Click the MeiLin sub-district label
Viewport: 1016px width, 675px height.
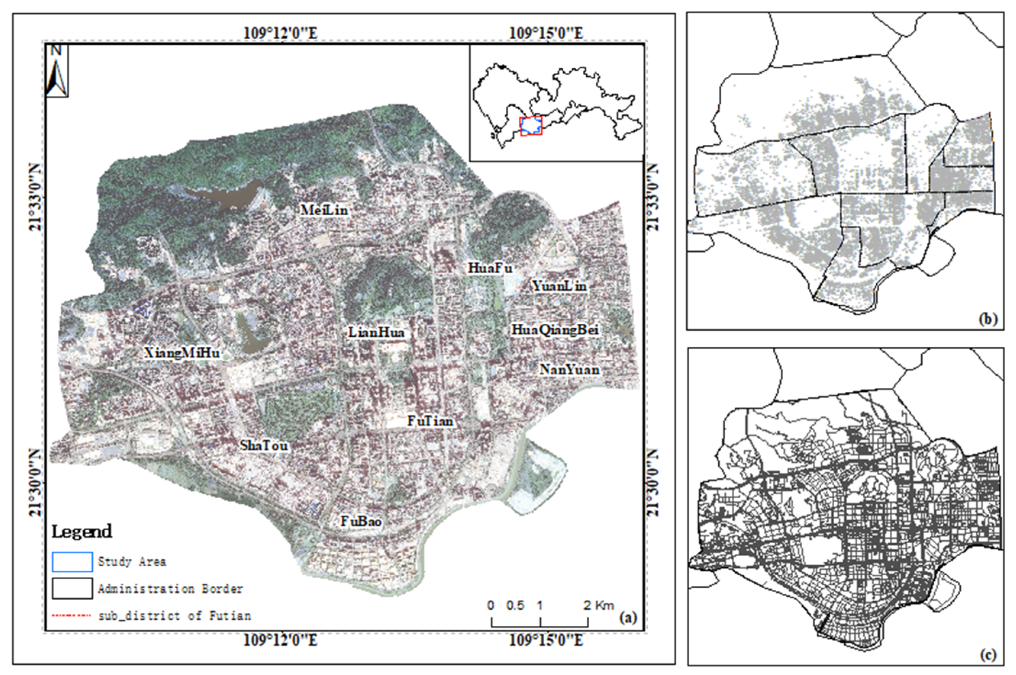tap(324, 210)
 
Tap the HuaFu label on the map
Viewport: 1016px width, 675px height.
tap(490, 268)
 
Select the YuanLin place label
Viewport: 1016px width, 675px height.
tap(559, 286)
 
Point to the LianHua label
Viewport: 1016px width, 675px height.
tap(376, 332)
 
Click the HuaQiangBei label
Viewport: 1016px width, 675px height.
tap(555, 330)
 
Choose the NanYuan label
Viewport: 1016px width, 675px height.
tap(569, 369)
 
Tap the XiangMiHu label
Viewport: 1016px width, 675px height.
tap(182, 354)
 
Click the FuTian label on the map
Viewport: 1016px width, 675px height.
tap(430, 421)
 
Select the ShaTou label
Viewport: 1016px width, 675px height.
tap(264, 445)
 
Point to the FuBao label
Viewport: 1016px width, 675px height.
tap(361, 521)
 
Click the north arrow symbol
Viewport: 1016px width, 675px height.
tap(57, 71)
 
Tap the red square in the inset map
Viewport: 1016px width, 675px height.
tap(531, 126)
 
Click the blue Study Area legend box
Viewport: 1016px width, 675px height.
tap(72, 562)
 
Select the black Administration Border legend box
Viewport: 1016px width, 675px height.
tap(72, 588)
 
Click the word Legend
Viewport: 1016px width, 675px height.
tap(82, 532)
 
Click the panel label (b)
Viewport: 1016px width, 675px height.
tap(988, 319)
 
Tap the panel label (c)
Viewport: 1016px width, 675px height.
tap(988, 655)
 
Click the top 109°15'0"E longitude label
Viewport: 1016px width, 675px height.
tap(546, 33)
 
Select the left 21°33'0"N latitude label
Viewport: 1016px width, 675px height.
tap(35, 197)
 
